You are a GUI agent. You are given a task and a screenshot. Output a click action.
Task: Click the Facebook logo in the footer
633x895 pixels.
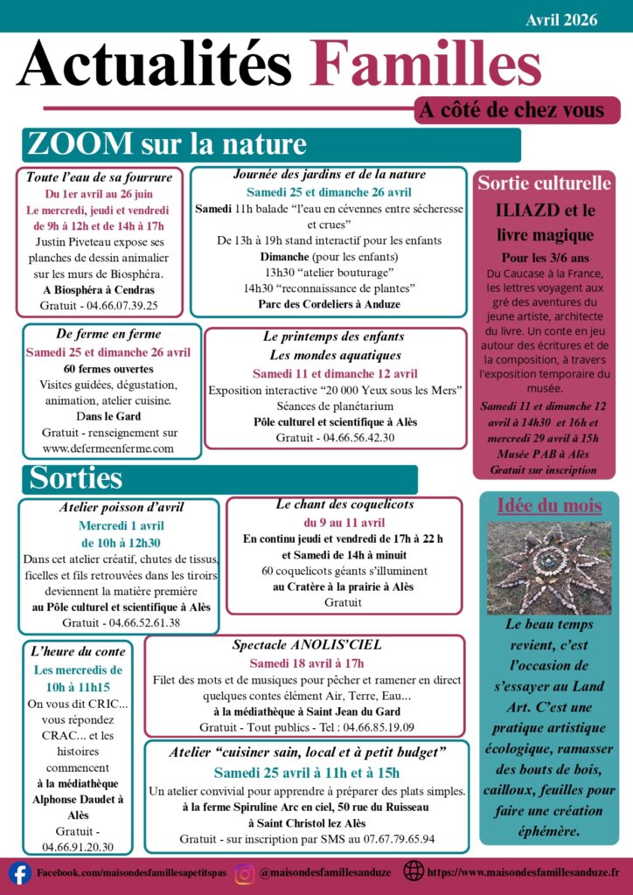pyautogui.click(x=19, y=872)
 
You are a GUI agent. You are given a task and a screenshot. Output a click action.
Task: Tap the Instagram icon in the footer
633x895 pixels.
pyautogui.click(x=245, y=872)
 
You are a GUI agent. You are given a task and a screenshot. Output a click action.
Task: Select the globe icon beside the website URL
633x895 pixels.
pyautogui.click(x=414, y=871)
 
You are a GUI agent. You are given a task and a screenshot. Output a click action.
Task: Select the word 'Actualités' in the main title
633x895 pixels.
pyautogui.click(x=155, y=66)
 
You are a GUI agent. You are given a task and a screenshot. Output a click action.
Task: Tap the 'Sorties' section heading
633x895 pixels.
pyautogui.click(x=76, y=478)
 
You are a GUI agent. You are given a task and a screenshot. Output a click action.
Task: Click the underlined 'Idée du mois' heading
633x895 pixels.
pyautogui.click(x=549, y=505)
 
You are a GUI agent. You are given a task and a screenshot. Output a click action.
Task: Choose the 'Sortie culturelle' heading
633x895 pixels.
pyautogui.click(x=544, y=184)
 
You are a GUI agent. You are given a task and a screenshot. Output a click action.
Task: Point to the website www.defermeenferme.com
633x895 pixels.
pyautogui.click(x=108, y=448)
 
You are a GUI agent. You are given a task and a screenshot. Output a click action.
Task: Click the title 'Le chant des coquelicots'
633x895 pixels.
pyautogui.click(x=344, y=504)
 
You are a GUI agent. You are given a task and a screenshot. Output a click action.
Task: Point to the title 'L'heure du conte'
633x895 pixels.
pyautogui.click(x=78, y=652)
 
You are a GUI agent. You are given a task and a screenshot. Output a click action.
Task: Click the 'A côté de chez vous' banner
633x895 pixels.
pyautogui.click(x=511, y=110)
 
